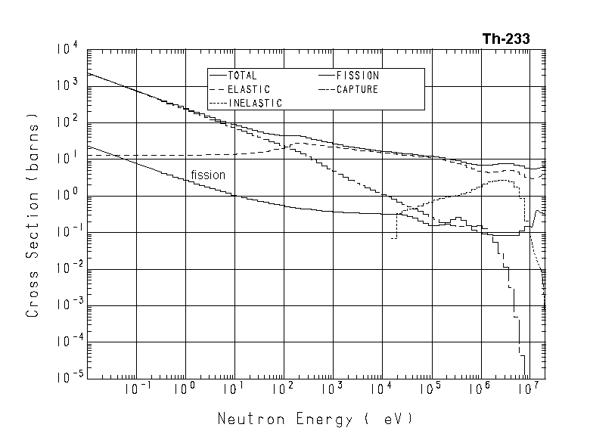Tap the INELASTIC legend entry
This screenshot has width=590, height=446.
tap(254, 103)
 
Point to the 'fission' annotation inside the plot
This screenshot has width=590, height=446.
tap(208, 175)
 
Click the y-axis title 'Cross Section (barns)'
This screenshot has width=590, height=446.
tap(33, 215)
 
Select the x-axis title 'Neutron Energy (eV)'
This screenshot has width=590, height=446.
tap(315, 418)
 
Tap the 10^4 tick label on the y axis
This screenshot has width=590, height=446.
tap(66, 49)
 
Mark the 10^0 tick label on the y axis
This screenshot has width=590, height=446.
tap(66, 195)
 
